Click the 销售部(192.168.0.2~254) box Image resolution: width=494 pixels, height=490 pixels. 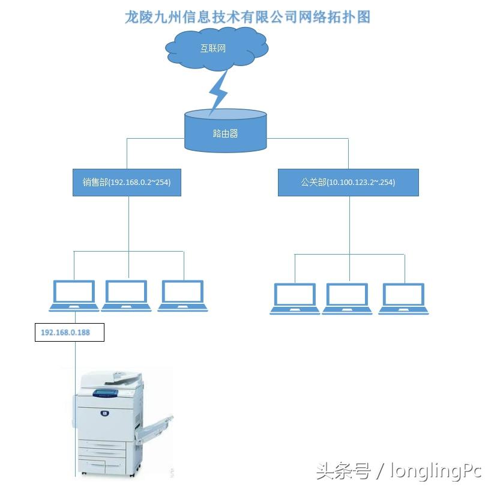coord(127,182)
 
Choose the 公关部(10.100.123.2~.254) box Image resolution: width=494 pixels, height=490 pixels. coord(348,182)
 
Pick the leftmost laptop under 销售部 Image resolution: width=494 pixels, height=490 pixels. coord(74,295)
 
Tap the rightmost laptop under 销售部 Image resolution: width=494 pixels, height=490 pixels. coord(183,295)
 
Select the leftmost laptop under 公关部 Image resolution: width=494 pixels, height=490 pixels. coord(295,298)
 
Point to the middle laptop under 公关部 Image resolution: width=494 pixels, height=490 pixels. coord(347,298)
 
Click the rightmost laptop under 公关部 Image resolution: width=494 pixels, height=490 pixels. coord(403,298)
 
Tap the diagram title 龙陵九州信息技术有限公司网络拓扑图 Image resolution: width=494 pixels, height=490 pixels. coord(247,16)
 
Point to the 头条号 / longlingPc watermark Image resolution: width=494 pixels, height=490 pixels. coord(399,471)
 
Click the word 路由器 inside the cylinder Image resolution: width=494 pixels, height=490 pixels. coord(225,133)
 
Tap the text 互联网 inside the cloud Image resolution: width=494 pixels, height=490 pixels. coord(213,48)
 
